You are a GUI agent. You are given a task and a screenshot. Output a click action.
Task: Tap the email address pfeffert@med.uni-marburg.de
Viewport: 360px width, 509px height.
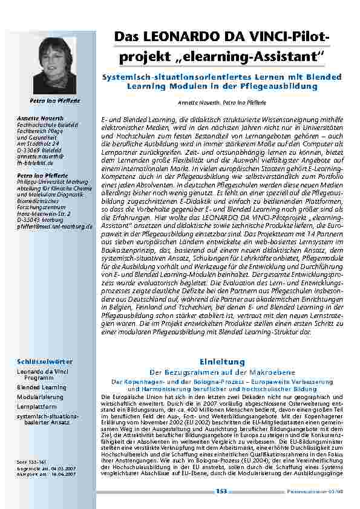pos(54,226)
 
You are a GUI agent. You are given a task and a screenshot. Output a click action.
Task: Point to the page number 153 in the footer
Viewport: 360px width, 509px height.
pos(221,491)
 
